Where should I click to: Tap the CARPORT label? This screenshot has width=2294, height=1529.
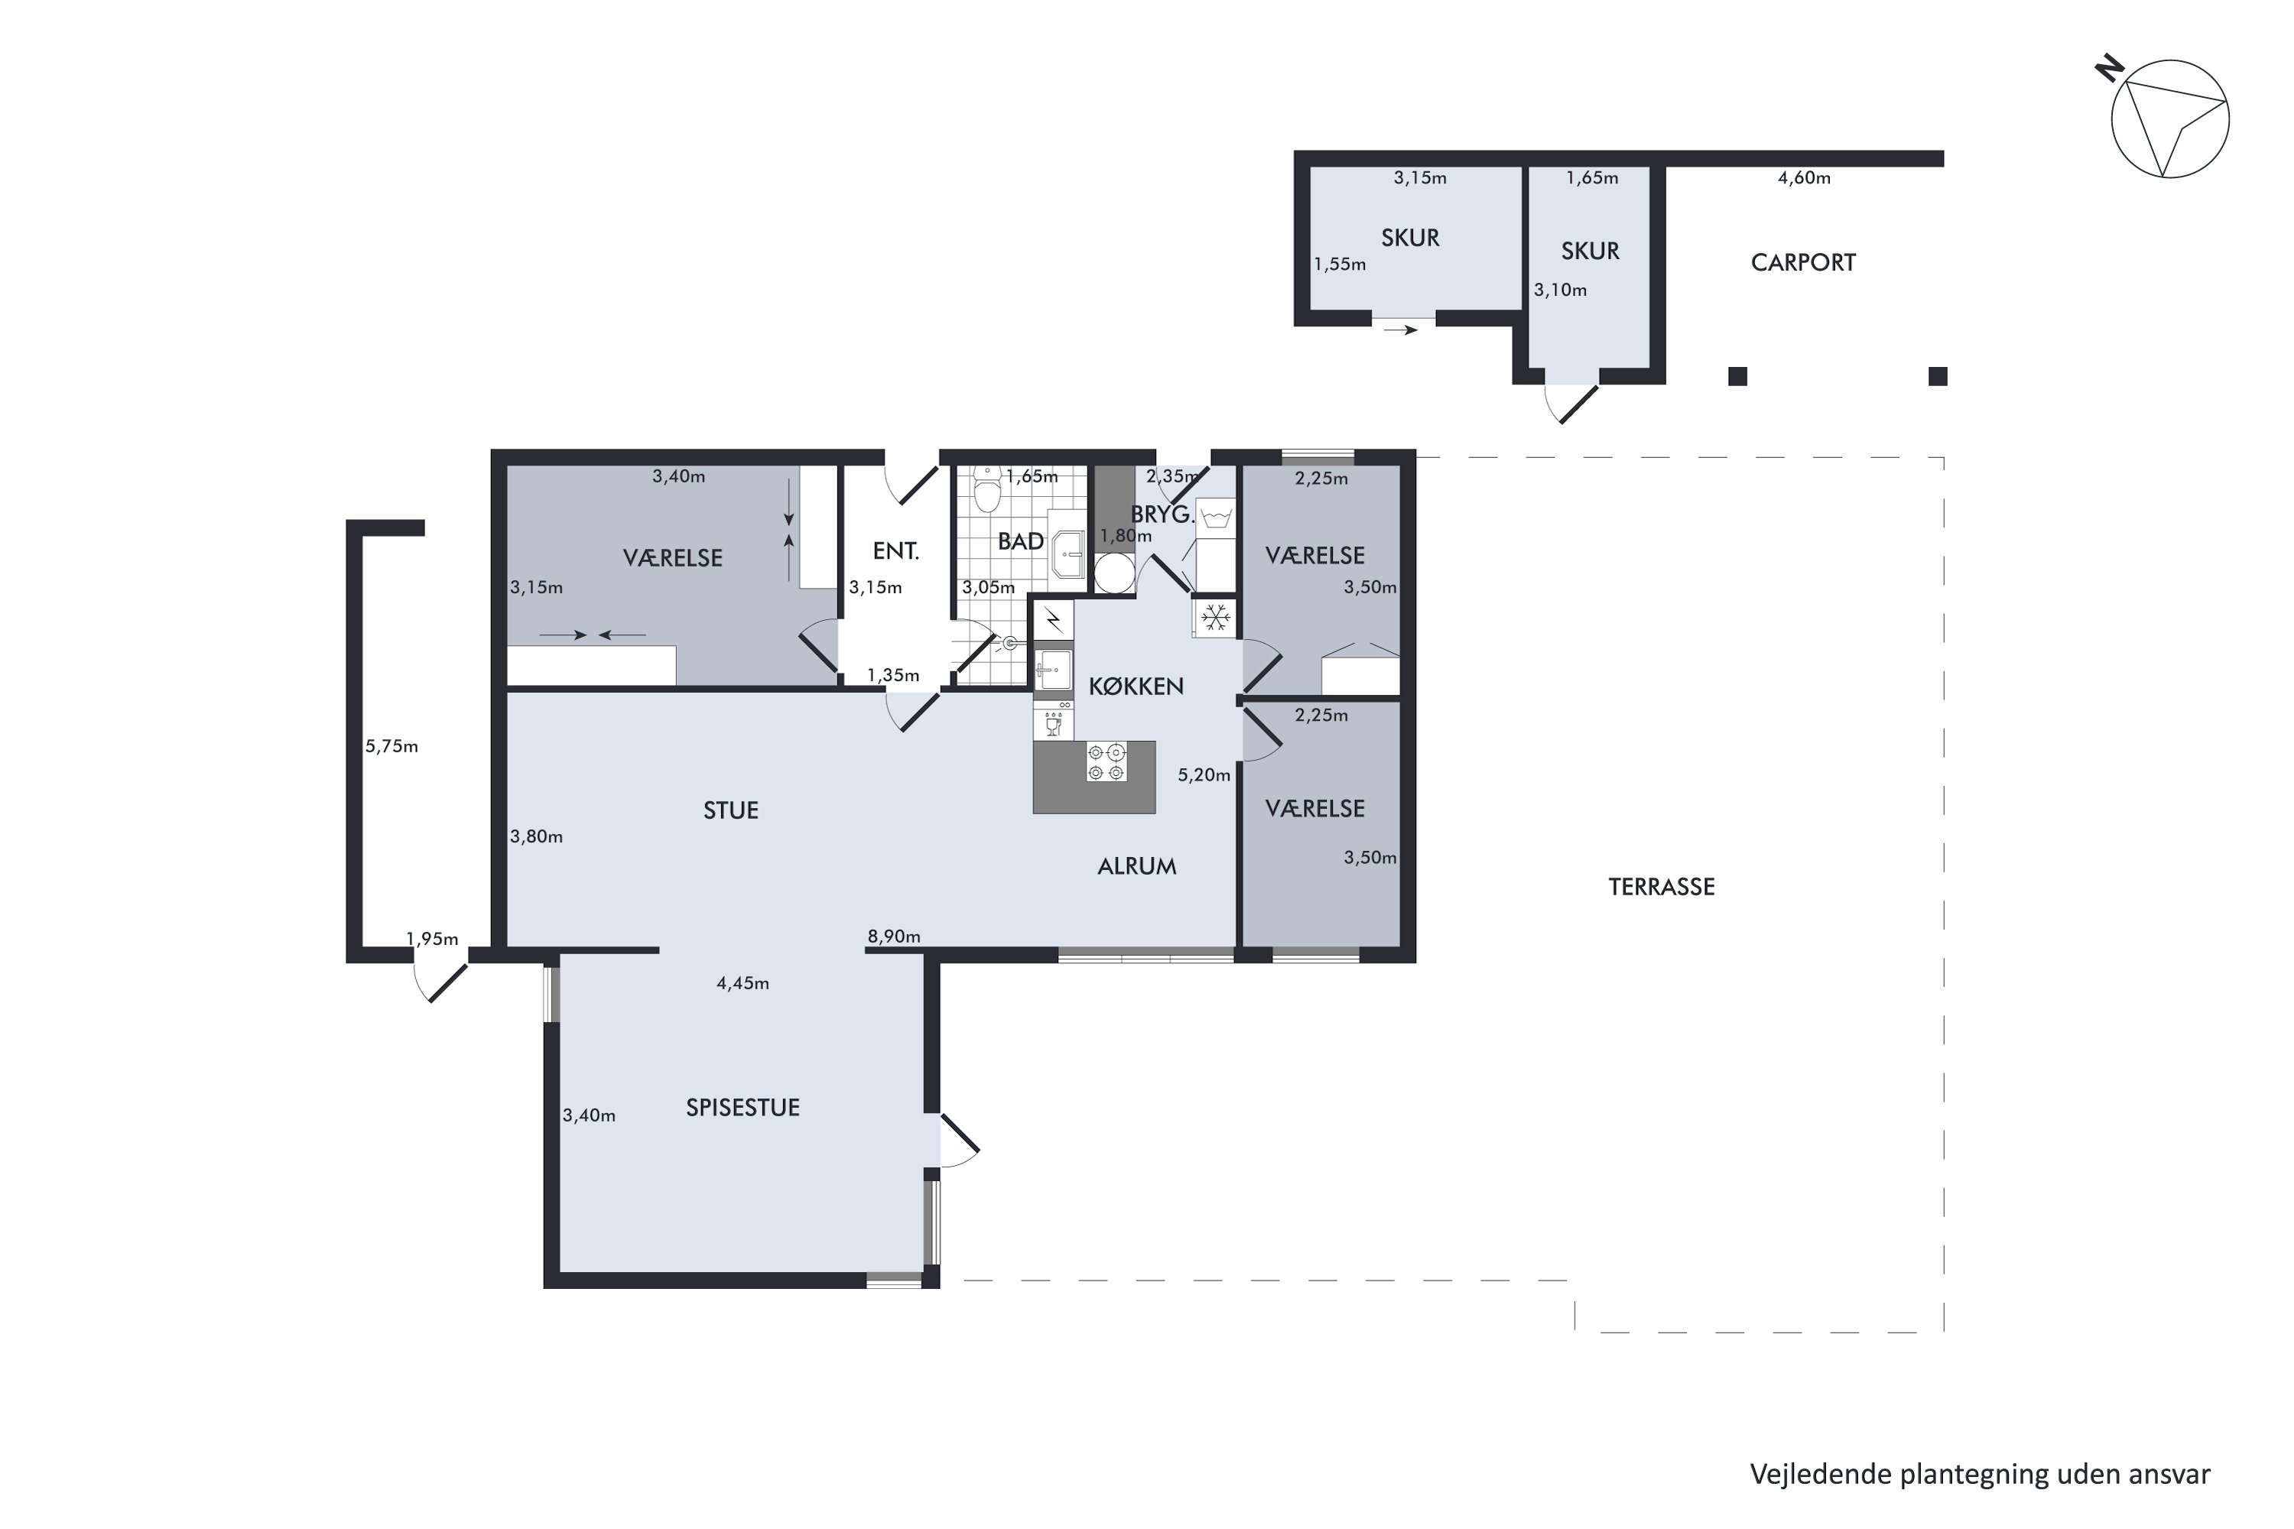pos(1802,262)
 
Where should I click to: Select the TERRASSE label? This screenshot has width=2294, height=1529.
pos(1661,886)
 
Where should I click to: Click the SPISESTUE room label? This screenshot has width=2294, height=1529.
pos(742,1107)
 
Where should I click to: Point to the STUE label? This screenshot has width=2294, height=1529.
pos(730,810)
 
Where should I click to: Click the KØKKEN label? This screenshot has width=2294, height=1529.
pos(1136,687)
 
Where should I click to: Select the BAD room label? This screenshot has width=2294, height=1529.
pos(1020,541)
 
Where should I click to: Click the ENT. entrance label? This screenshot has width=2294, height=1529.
pos(895,551)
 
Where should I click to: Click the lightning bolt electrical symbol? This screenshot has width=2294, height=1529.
pos(1054,619)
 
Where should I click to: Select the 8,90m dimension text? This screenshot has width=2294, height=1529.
pos(893,936)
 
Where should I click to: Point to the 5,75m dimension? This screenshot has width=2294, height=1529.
pos(391,746)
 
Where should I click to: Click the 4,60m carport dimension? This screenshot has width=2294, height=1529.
pos(1803,177)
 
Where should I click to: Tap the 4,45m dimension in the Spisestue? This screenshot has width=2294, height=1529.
pos(742,983)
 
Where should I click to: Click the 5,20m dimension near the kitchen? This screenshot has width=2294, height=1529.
pos(1204,774)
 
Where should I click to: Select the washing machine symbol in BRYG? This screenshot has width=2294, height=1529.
pos(1215,517)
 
